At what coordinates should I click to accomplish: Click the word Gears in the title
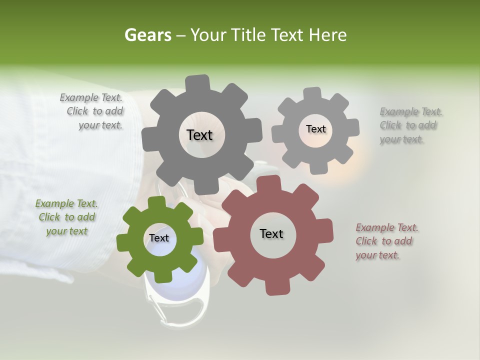(x=148, y=35)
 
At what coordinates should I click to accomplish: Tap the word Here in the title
(x=327, y=35)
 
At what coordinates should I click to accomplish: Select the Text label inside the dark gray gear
(x=199, y=135)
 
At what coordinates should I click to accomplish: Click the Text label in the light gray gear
(x=315, y=129)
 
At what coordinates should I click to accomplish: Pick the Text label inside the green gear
(x=159, y=238)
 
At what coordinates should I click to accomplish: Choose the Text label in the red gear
(x=271, y=233)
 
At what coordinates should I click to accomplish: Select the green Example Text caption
(x=66, y=217)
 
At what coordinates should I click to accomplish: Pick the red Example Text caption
(x=386, y=241)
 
